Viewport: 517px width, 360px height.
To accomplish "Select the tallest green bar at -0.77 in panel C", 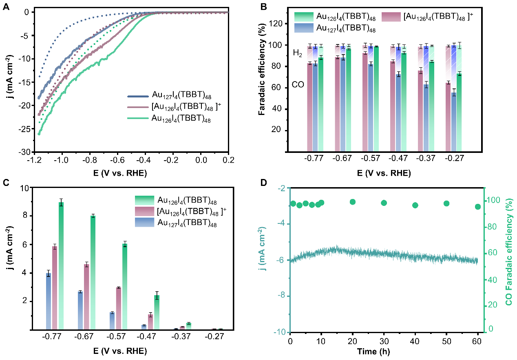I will pyautogui.click(x=61, y=265).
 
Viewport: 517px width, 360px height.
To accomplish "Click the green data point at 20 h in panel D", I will pyautogui.click(x=353, y=202).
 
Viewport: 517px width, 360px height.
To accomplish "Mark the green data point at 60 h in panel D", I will pyautogui.click(x=478, y=207).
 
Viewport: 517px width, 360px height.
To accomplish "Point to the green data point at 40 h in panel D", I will pyautogui.click(x=415, y=205).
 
